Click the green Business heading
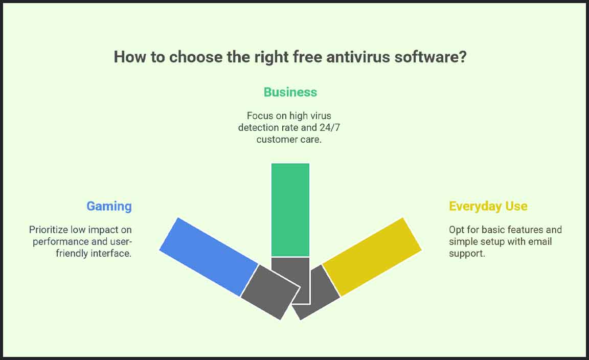point(290,92)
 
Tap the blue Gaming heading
point(109,206)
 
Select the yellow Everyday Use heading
point(488,206)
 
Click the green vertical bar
point(290,210)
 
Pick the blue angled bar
point(209,257)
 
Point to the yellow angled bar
point(372,257)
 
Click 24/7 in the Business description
point(329,128)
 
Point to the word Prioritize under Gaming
point(49,230)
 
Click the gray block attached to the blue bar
point(270,292)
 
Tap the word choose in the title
point(196,57)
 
